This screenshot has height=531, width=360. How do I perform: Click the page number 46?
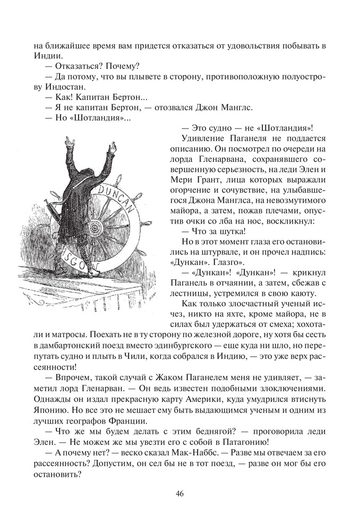click(x=179, y=494)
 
